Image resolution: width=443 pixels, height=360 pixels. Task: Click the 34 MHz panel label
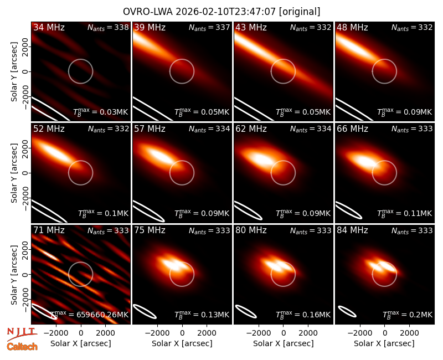pos(49,27)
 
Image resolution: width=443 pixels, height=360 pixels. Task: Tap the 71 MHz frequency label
pos(49,230)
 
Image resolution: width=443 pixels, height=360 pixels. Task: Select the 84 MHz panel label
pos(352,230)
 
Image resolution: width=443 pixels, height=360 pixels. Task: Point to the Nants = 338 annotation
pos(108,27)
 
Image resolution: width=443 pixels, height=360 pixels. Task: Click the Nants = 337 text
pos(209,27)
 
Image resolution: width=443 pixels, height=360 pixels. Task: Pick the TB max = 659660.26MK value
pos(89,314)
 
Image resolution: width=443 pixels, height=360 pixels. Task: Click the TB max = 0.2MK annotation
pos(408,314)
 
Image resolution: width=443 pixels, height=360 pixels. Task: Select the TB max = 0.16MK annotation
pos(303,314)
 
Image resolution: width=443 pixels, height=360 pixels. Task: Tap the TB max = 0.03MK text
pos(101,112)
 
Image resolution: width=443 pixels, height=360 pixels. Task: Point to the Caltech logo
pos(22,347)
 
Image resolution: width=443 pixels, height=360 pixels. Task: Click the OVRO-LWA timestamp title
pos(221,12)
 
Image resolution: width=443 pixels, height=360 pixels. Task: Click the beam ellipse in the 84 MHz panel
pos(347,311)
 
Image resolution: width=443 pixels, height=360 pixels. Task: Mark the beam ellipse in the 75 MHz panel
pos(145,311)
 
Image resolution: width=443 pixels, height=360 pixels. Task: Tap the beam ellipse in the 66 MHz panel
pos(348,210)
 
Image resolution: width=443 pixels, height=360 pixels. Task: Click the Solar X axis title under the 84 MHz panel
pos(384,343)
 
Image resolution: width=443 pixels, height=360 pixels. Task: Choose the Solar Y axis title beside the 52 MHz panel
pos(14,173)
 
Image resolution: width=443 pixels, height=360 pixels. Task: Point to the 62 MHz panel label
pos(251,129)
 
